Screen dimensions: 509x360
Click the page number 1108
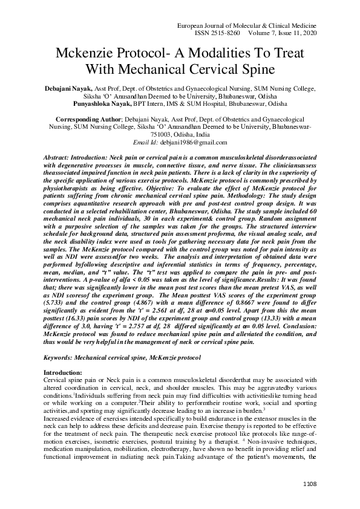point(308,484)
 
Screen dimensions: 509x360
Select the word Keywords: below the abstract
point(62,358)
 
